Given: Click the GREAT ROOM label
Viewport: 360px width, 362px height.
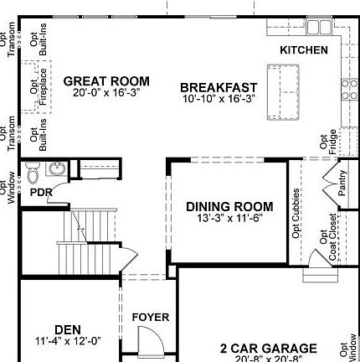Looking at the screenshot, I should (x=106, y=81).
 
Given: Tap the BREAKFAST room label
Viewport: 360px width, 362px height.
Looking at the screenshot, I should (x=219, y=87).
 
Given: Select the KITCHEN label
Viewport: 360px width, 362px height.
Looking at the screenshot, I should (x=304, y=50).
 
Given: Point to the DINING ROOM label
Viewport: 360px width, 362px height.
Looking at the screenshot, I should (x=229, y=207).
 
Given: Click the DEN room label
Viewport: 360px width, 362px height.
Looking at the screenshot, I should (x=68, y=329).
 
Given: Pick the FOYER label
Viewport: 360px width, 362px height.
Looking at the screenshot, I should (x=151, y=318).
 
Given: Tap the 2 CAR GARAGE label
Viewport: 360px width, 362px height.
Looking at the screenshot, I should (x=269, y=349).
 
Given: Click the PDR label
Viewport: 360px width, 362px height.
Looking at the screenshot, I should (x=42, y=193).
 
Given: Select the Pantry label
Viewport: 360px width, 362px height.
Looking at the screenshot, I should (x=342, y=184).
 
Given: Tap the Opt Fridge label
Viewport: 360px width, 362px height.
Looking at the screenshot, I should (x=327, y=141).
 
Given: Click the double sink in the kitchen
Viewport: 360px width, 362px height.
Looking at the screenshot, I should (x=317, y=27).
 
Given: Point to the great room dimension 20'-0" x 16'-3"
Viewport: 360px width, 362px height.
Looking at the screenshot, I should (x=106, y=93).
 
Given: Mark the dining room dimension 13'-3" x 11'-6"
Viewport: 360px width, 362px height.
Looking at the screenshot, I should (x=229, y=219).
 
